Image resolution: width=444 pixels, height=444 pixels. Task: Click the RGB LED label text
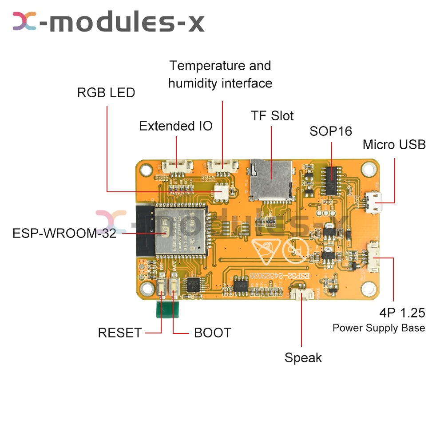106,93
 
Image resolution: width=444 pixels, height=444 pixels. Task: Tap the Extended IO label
176,126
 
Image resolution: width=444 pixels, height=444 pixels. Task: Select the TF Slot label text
272,116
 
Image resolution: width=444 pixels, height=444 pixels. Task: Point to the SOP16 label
331,131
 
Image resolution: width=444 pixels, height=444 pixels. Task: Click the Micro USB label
394,145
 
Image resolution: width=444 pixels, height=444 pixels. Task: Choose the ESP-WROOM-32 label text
64,234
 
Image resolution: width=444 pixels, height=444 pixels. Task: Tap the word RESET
119,333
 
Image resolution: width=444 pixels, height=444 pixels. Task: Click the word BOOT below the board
212,333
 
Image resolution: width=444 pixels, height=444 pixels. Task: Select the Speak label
303,357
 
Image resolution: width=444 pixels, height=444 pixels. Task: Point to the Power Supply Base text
379,328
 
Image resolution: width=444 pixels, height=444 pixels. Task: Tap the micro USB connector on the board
374,202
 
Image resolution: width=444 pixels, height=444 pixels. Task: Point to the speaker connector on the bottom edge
301,294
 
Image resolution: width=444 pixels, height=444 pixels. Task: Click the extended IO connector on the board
177,166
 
